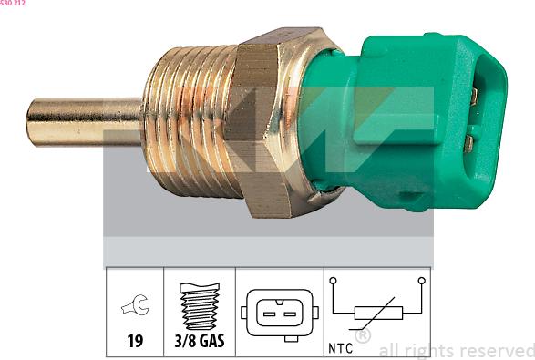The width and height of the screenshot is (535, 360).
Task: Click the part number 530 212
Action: click(x=13, y=4)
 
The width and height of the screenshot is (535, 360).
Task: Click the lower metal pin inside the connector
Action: click(x=468, y=142)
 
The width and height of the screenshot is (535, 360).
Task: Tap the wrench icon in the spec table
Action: click(x=135, y=308)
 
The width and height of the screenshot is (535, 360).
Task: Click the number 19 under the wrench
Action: click(x=135, y=344)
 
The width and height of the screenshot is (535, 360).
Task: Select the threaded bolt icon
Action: click(x=199, y=308)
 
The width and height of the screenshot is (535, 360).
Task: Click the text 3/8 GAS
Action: click(x=199, y=344)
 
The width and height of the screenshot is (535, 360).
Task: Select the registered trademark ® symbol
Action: click(x=362, y=337)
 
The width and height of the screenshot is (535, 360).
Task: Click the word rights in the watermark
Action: click(x=432, y=349)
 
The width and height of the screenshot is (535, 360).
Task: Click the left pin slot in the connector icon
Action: click(x=271, y=314)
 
